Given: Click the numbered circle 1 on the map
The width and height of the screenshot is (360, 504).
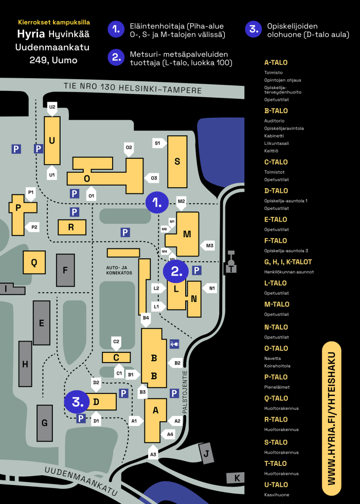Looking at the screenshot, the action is (x=157, y=203).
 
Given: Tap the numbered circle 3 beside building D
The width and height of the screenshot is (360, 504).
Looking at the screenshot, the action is (x=77, y=402).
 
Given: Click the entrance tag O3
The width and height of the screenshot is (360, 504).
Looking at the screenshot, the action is (x=152, y=178).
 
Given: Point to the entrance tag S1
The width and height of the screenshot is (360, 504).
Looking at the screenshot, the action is (x=159, y=143).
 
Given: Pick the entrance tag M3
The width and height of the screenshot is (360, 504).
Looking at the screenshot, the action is (x=208, y=246).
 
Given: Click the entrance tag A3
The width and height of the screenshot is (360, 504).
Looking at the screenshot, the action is (x=153, y=452).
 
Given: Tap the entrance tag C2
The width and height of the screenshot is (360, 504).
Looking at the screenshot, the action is (x=116, y=344).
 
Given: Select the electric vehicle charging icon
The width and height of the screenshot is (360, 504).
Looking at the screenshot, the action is (x=174, y=344).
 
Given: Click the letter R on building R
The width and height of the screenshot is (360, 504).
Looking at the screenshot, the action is (x=71, y=227).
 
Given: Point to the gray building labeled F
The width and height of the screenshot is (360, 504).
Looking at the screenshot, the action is (x=65, y=271).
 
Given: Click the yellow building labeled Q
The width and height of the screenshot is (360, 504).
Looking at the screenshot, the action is (x=34, y=262).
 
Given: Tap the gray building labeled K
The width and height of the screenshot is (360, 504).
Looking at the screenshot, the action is (x=236, y=478).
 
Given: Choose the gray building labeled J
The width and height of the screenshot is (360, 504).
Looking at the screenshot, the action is (x=206, y=453).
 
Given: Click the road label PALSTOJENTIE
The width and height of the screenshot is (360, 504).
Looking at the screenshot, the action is (x=185, y=392).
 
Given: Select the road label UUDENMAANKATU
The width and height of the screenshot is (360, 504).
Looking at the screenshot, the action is (x=81, y=481).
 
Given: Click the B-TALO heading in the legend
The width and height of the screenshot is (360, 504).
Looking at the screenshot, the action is (x=276, y=111).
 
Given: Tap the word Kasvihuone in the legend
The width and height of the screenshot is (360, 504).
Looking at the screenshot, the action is (x=277, y=495).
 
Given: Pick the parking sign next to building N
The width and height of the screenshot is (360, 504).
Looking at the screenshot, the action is (x=196, y=271).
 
